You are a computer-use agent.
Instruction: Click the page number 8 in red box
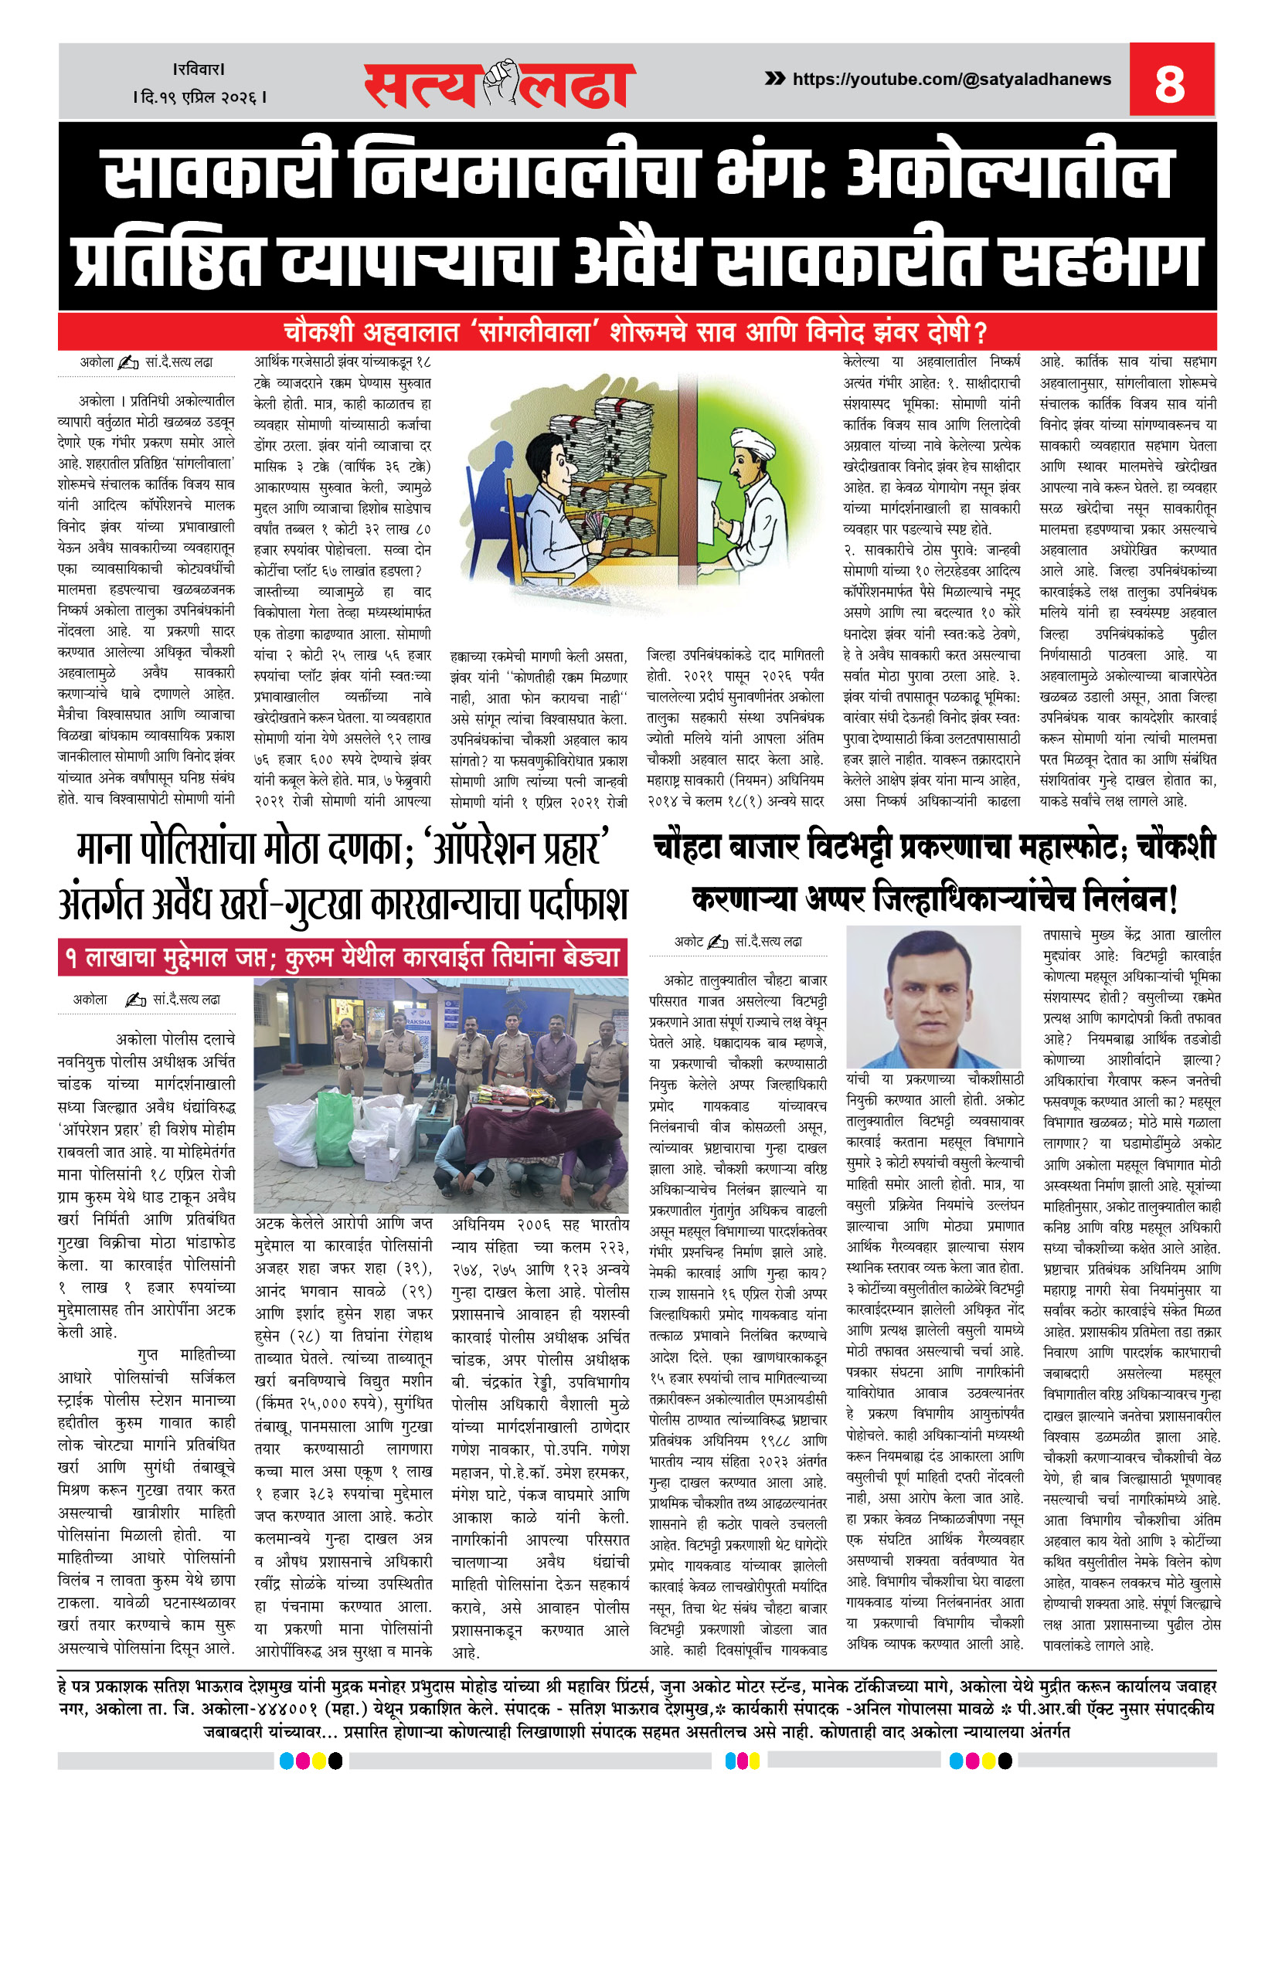[x=1170, y=82]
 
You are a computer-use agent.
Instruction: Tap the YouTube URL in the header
[x=951, y=80]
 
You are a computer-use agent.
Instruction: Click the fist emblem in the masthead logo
[x=501, y=82]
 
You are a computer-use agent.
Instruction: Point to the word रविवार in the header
[x=199, y=70]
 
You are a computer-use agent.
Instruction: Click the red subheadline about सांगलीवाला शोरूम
[x=636, y=333]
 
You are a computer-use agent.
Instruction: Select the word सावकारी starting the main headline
[x=217, y=175]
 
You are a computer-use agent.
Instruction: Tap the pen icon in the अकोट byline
[x=718, y=942]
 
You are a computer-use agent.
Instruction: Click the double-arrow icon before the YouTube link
[x=775, y=79]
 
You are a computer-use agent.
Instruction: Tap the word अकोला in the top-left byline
[x=97, y=362]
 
